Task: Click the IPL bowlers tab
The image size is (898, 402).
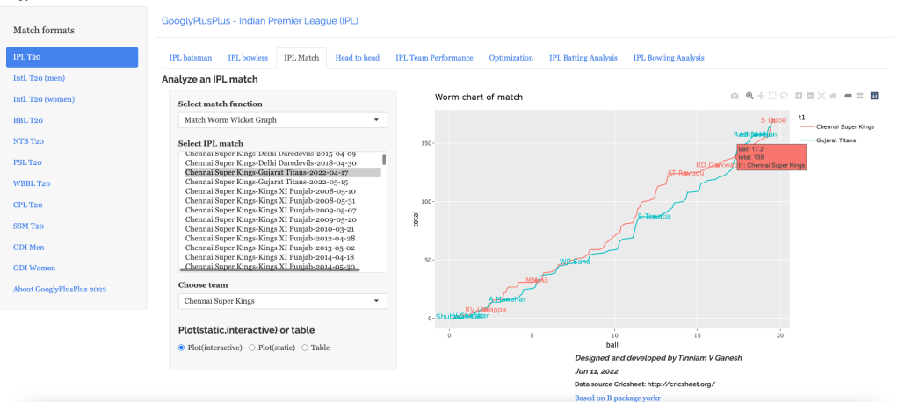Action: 247,58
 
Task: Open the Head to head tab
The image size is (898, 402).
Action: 357,58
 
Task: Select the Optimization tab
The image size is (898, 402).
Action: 511,58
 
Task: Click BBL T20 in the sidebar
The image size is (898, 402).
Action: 28,120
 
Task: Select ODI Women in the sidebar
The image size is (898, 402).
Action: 34,268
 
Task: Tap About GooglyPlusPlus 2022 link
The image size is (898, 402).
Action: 60,289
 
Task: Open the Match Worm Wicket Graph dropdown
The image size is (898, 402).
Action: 282,120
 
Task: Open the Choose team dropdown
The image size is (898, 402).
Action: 282,301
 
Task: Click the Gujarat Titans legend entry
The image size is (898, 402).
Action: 836,140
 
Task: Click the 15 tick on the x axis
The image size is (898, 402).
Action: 698,334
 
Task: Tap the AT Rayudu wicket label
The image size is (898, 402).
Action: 685,173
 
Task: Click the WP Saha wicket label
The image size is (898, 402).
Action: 575,262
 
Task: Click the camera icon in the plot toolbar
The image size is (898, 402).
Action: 735,95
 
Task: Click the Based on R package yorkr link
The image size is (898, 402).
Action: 617,397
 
